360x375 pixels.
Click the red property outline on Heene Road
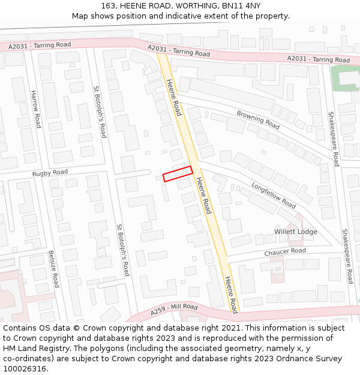tap(178, 173)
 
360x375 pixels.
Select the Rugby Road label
tap(50, 173)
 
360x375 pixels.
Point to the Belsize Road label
tap(53, 269)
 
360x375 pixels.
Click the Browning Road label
tap(258, 120)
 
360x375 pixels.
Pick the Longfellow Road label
tap(274, 195)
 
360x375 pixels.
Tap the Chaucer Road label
tap(285, 252)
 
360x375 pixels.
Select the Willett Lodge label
tap(296, 232)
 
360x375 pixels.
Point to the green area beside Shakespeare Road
tap(344, 79)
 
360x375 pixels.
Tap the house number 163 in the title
tap(108, 6)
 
